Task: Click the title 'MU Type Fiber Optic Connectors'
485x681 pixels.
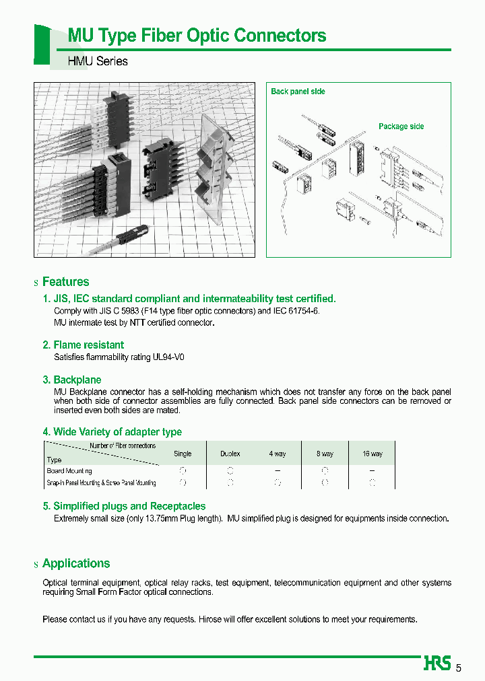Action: [197, 36]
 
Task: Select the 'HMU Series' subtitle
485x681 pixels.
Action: [98, 61]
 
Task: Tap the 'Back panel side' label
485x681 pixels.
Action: [298, 92]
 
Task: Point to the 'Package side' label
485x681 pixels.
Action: [401, 127]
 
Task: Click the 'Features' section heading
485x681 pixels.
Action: [65, 282]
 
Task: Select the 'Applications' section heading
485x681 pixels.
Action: [75, 563]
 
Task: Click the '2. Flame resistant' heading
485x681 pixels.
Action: [83, 345]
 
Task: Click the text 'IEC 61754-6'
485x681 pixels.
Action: [296, 312]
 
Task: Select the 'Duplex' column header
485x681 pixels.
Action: [230, 454]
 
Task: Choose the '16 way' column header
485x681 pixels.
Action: [372, 454]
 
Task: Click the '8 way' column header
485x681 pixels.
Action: [325, 454]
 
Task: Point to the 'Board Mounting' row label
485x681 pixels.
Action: [69, 471]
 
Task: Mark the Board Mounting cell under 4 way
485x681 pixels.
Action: [277, 471]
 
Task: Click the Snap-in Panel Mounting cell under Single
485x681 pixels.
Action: [183, 482]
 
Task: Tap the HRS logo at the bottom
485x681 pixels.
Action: [437, 664]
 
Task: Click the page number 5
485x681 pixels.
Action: [459, 668]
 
